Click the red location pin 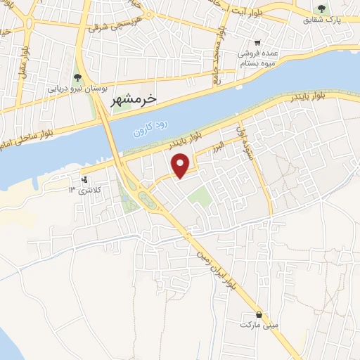[181, 165]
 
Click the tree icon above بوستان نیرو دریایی [77, 77]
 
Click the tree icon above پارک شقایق [321, 9]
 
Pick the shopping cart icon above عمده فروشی [257, 42]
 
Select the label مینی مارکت [258, 325]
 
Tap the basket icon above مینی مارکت [259, 314]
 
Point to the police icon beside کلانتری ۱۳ [85, 180]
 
